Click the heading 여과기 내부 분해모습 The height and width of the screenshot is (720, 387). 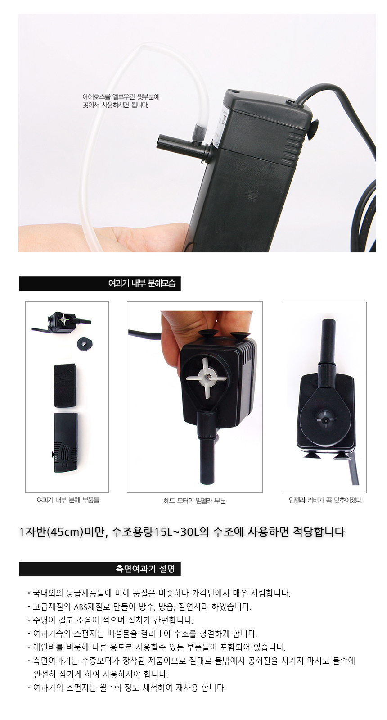(142, 283)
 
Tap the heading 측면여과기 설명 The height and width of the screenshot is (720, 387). (145, 569)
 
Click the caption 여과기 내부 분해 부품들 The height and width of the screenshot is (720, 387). (68, 500)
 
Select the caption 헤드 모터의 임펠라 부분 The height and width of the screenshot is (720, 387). (195, 501)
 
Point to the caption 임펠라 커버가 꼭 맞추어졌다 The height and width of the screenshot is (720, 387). (325, 500)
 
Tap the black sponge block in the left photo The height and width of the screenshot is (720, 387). (65, 386)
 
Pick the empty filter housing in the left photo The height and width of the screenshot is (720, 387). (65, 442)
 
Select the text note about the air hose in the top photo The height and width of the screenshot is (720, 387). (121, 100)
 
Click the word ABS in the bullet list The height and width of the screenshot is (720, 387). (80, 607)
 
